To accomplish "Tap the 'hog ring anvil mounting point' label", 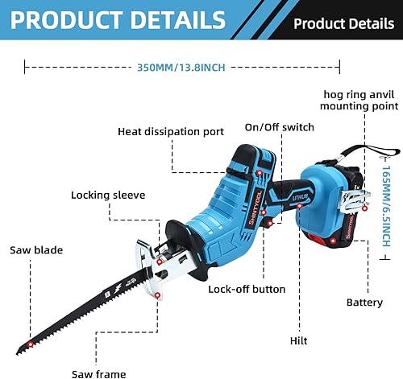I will pos(359,99).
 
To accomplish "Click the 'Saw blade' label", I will pos(36,249).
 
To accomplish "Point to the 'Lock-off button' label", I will pos(247,289).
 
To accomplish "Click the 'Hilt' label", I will pos(298,341).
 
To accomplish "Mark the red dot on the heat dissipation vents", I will pos(260,173).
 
